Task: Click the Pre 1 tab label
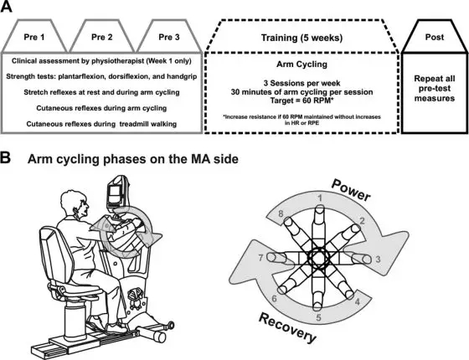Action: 34,37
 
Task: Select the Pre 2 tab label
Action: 102,37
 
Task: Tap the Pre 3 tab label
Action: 169,37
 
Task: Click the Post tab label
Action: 435,37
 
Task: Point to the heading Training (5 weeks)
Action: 301,38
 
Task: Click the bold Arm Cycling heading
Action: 301,64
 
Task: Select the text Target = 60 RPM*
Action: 301,100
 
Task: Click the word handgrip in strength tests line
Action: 182,76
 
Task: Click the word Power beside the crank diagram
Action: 351,190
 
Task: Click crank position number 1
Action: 320,198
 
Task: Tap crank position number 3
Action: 378,259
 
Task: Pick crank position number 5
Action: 319,317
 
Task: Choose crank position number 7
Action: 260,258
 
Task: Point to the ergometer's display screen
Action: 116,194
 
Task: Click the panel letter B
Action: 5,157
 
